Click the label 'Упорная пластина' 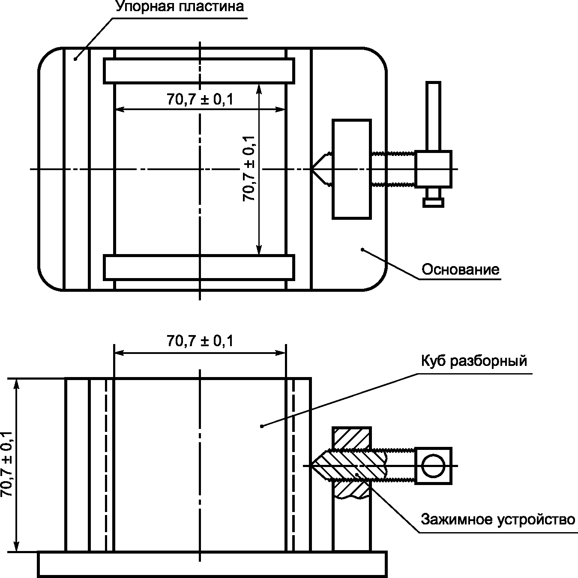180,6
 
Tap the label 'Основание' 461,270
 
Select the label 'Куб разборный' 474,360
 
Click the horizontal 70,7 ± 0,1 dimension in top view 200,99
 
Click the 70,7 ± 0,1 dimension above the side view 200,341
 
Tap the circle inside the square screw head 433,466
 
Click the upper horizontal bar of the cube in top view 199,71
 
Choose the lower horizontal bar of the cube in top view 199,267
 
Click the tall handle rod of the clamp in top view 433,116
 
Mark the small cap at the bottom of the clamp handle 433,203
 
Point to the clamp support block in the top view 352,169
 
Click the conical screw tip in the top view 321,169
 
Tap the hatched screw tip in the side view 348,466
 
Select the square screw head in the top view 433,169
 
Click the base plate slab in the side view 213,564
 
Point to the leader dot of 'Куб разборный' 262,426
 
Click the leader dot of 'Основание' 362,249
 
